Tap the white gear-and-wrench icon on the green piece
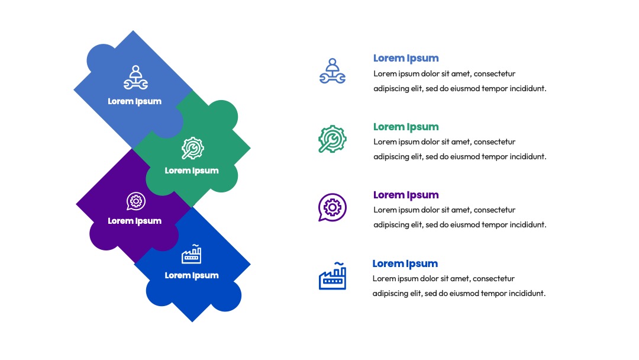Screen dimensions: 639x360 tap(193, 148)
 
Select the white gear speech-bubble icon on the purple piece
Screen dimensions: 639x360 tap(135, 201)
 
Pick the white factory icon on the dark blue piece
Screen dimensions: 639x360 tap(192, 254)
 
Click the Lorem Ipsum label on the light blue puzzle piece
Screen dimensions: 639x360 tap(134, 101)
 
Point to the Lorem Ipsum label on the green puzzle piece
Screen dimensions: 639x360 tap(192, 171)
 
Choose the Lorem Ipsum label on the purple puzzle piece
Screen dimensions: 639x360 tap(134, 221)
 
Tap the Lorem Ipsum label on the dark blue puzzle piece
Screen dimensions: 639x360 tap(192, 275)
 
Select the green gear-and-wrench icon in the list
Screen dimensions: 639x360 tap(333, 139)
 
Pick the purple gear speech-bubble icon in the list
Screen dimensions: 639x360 tap(333, 207)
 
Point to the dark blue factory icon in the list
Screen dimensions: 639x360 tap(333, 276)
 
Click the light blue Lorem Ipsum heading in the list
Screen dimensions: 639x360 tap(406, 58)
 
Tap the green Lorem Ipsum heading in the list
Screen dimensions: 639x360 tap(406, 127)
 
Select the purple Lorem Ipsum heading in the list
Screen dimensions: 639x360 tap(406, 195)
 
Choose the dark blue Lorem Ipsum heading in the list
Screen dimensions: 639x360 tap(405, 263)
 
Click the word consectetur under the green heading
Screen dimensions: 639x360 tap(494, 142)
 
